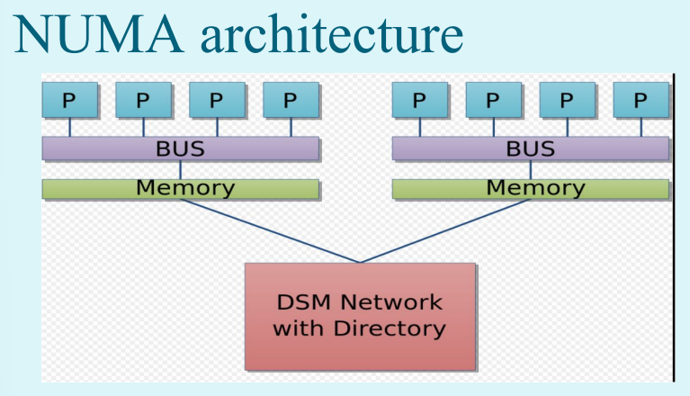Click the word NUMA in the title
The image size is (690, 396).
point(99,35)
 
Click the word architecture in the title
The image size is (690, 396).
point(332,33)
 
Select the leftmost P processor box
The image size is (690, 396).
point(70,100)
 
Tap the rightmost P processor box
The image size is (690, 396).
point(641,100)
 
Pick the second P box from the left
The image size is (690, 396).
point(143,100)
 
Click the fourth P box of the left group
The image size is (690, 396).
point(291,100)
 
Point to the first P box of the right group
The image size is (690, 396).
point(420,100)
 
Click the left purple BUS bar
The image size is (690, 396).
point(181,148)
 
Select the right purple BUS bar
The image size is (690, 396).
point(531,148)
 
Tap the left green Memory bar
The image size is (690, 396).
point(181,189)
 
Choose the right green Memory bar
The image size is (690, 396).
point(531,189)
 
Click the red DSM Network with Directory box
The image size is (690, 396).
point(360,317)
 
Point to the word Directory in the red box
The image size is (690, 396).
point(390,328)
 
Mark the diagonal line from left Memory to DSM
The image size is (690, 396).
point(270,231)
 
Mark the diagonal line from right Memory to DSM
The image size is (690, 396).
point(445,231)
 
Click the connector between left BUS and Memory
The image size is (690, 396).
point(181,169)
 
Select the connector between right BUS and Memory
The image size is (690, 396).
point(531,169)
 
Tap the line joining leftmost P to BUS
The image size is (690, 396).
point(70,127)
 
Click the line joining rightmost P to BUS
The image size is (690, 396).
point(641,127)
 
